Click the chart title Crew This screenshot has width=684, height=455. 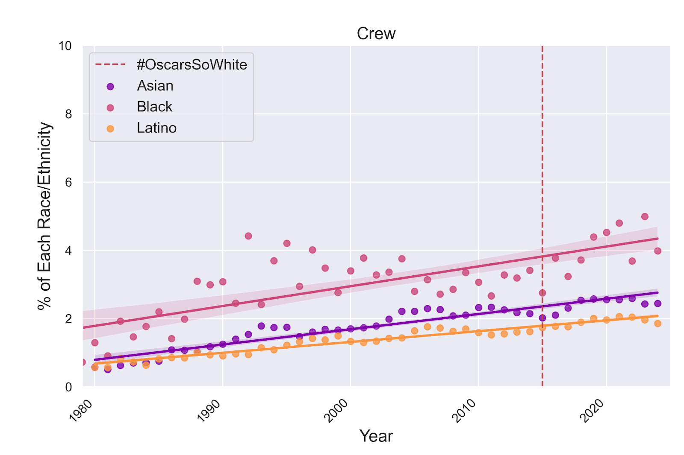376,34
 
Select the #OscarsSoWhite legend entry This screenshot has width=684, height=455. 192,65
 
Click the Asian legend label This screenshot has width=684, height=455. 155,86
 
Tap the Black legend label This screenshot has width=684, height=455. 154,107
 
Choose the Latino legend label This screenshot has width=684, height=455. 156,128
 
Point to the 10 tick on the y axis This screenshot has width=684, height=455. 65,46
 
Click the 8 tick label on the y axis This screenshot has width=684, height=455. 68,114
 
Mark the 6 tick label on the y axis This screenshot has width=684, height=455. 68,182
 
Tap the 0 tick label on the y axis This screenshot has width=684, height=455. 68,387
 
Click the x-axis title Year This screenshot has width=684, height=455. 376,436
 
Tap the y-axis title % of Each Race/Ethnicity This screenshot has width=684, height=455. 44,216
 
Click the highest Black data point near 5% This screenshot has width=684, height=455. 645,216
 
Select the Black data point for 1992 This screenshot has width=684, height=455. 248,236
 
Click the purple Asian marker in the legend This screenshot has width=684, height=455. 110,86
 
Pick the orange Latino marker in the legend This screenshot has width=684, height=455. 110,128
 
